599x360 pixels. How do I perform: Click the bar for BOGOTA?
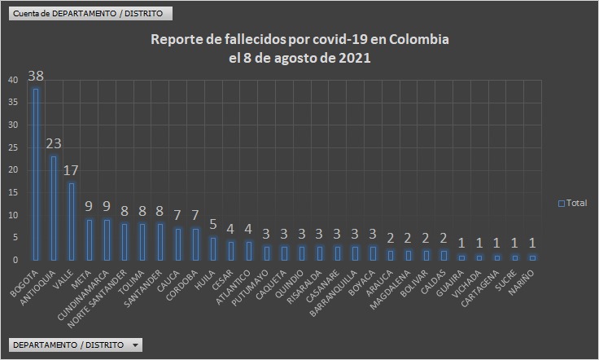35,174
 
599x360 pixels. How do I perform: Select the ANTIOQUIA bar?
54,208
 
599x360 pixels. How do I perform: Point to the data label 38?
35,76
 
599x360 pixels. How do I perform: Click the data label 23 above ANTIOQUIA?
54,143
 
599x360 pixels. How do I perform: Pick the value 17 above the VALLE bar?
72,170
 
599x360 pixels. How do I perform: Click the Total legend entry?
573,203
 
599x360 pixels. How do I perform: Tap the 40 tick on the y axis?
12,80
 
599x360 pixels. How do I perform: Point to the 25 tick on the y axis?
12,147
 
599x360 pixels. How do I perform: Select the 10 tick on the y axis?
12,215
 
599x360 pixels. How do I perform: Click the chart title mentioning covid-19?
299,49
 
